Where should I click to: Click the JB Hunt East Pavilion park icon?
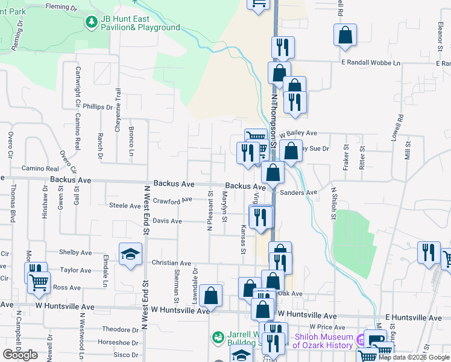click(x=91, y=22)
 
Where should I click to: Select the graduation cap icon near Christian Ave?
click(x=130, y=255)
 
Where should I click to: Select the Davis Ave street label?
click(x=167, y=221)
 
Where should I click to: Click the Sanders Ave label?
click(x=299, y=193)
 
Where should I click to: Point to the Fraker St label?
click(x=346, y=156)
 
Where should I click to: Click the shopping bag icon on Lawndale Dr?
click(x=210, y=296)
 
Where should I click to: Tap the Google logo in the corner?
click(x=20, y=354)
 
